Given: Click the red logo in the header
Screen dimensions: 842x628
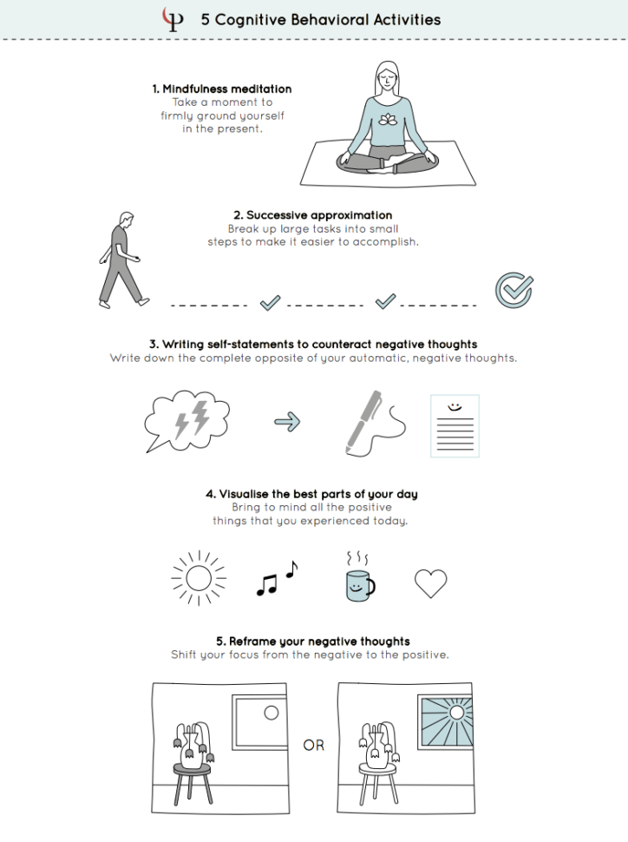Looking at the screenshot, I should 173,19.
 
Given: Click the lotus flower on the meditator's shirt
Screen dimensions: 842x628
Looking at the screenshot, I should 388,121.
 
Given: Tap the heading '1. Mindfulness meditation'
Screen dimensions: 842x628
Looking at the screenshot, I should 222,89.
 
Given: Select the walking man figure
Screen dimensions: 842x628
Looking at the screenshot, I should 119,260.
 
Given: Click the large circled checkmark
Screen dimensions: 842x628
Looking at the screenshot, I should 514,290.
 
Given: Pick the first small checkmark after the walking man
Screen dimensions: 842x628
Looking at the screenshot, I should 271,301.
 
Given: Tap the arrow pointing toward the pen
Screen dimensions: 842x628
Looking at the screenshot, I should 287,422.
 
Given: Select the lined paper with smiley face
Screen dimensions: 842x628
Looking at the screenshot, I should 455,425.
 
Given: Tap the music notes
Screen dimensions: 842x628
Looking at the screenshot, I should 276,580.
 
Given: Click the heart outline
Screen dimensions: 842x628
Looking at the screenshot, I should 430,583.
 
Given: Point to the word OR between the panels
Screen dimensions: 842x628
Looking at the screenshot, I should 313,745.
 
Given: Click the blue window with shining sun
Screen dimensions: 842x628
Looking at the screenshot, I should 445,721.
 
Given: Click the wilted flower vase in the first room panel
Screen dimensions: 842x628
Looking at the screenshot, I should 193,741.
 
